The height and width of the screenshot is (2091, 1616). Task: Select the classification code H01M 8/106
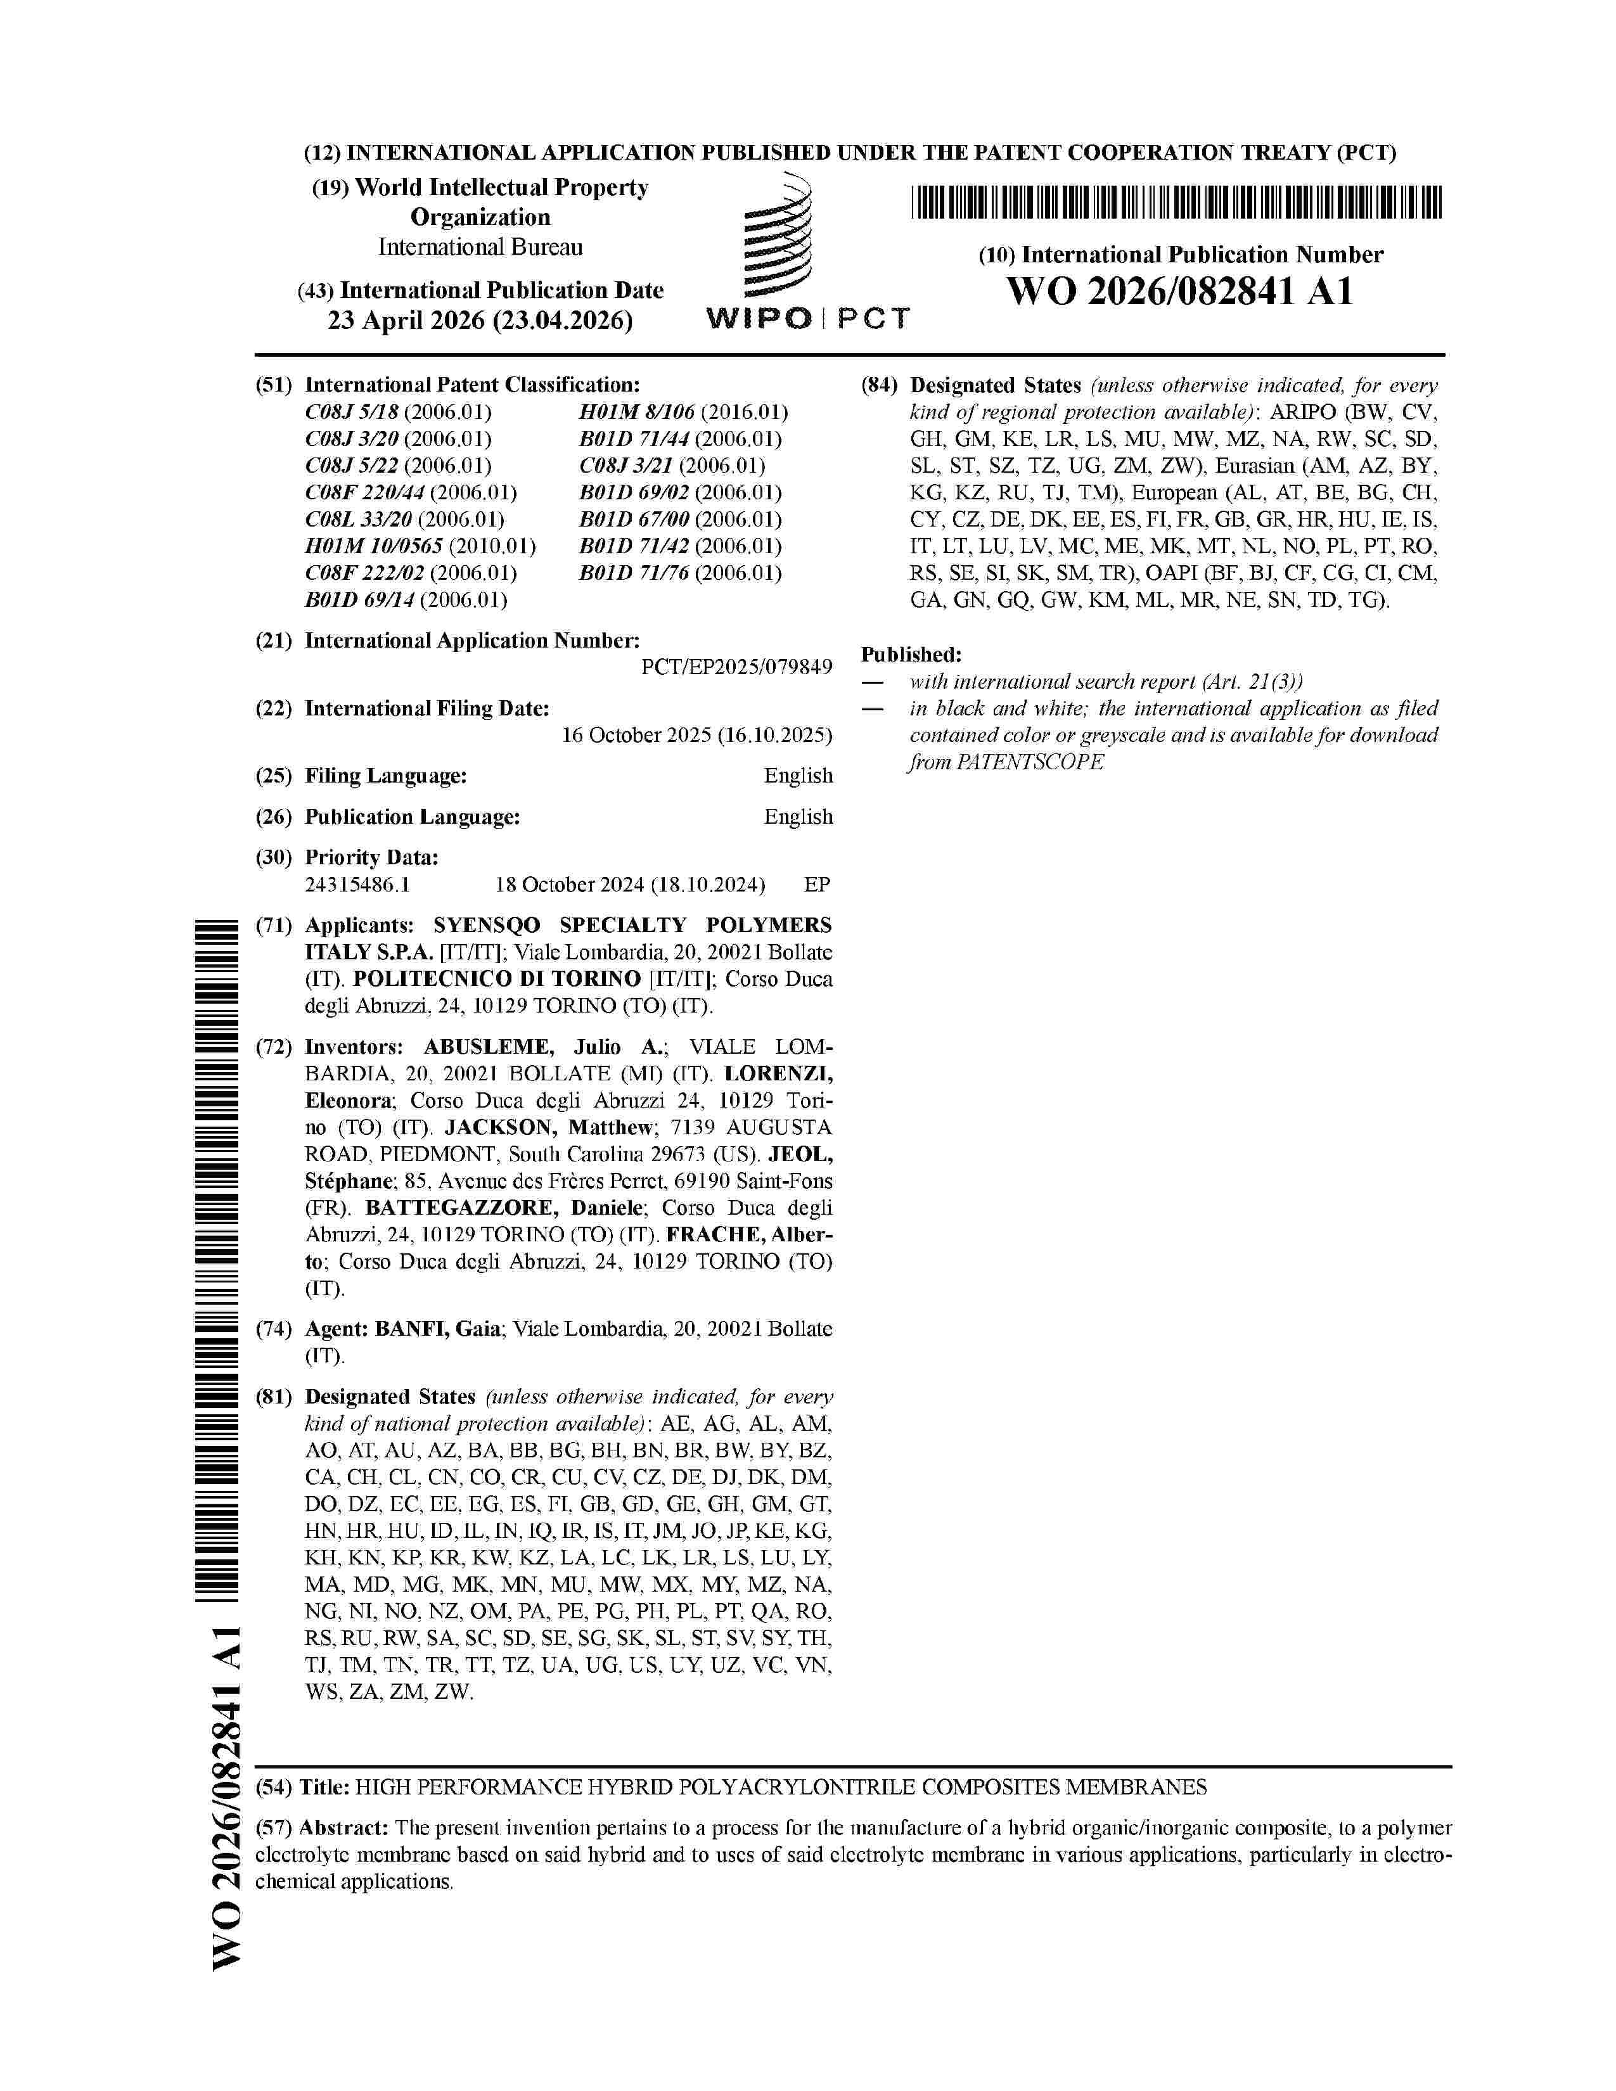click(x=684, y=412)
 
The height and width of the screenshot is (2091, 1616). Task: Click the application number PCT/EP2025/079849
click(x=736, y=667)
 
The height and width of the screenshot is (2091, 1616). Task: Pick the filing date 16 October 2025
click(x=696, y=735)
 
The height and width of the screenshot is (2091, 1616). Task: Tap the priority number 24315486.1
click(x=357, y=885)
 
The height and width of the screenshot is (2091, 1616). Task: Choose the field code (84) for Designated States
click(x=879, y=386)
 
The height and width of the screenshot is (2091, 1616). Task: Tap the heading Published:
click(x=911, y=655)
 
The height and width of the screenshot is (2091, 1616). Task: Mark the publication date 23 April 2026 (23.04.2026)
click(x=480, y=321)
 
